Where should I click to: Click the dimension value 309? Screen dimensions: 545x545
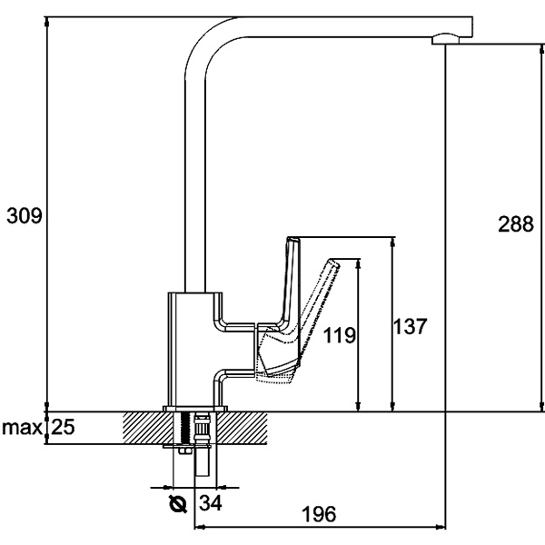(x=22, y=215)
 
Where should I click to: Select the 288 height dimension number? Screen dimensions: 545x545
(x=515, y=223)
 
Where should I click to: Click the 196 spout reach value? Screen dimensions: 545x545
(x=317, y=514)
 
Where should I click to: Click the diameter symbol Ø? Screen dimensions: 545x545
(x=177, y=502)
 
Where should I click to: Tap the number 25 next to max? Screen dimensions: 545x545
(x=61, y=427)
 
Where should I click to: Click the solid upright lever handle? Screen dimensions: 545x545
(x=292, y=282)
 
